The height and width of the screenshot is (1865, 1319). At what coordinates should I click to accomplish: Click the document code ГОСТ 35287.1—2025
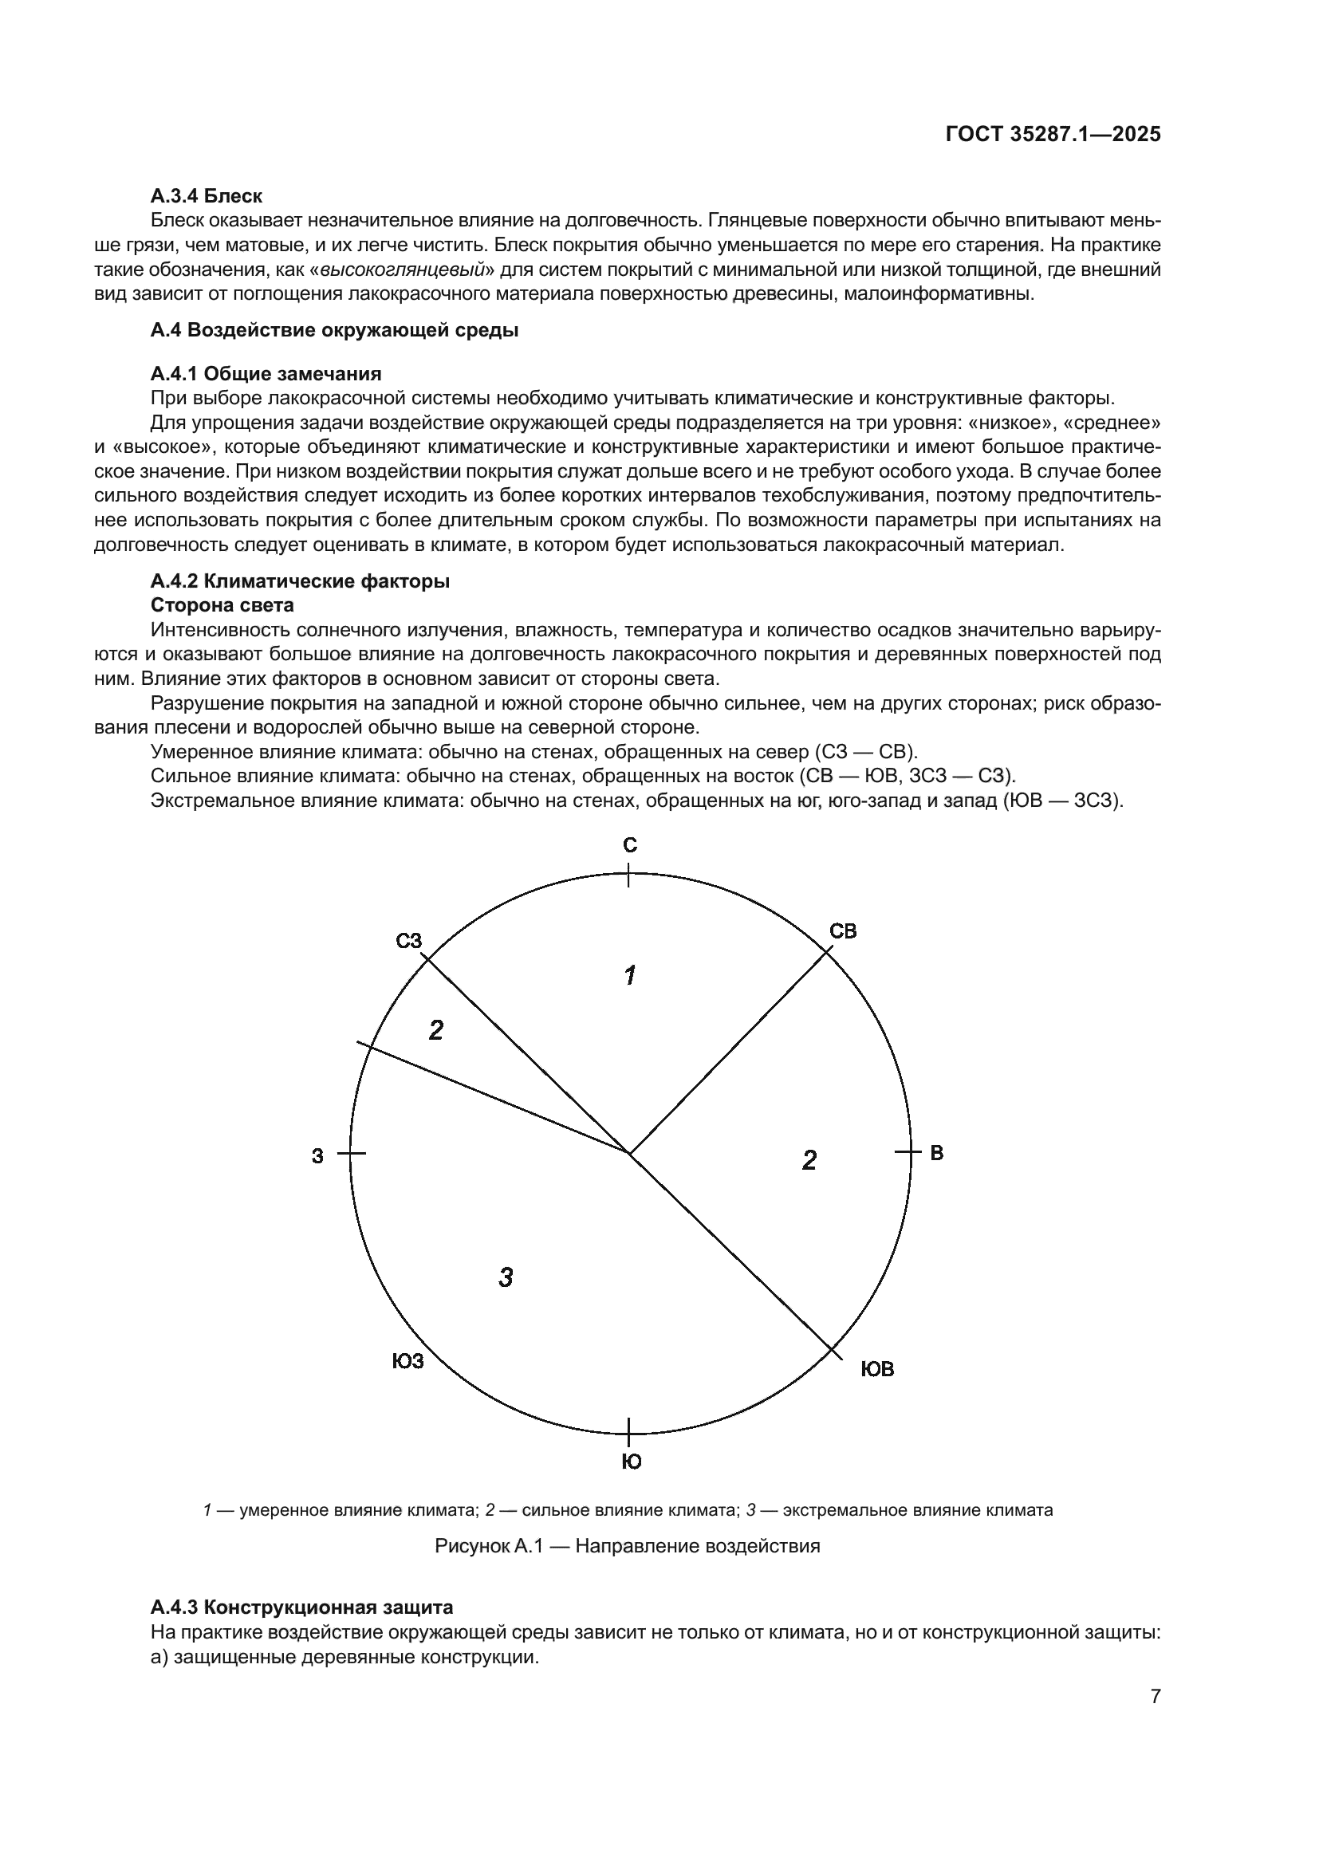(1053, 135)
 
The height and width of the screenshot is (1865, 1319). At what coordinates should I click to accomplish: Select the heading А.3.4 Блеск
(207, 196)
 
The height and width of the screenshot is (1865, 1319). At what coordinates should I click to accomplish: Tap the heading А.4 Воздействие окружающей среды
(334, 331)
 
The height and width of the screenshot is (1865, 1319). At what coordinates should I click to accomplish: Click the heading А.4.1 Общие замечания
(266, 374)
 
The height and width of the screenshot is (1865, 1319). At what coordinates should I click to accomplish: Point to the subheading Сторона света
(222, 605)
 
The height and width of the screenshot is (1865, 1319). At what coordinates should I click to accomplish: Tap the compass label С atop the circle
(630, 845)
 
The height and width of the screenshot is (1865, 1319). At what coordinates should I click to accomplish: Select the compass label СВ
(843, 931)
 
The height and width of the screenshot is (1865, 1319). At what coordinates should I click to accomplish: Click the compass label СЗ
(409, 941)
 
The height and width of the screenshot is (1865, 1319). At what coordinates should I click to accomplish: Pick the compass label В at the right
(936, 1153)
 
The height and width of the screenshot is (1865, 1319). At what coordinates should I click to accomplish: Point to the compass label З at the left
(317, 1156)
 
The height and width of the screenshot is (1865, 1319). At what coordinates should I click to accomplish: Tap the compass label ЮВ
(877, 1370)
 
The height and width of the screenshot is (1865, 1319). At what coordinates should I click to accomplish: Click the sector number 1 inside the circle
(629, 974)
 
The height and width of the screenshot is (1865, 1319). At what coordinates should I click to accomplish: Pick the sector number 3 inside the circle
(505, 1277)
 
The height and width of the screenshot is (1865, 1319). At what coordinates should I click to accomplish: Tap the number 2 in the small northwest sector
(436, 1031)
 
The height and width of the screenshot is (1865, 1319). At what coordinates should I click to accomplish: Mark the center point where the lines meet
(629, 1153)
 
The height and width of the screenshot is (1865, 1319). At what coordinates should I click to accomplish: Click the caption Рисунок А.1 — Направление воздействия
(627, 1546)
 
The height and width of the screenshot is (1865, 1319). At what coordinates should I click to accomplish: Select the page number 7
(1155, 1696)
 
